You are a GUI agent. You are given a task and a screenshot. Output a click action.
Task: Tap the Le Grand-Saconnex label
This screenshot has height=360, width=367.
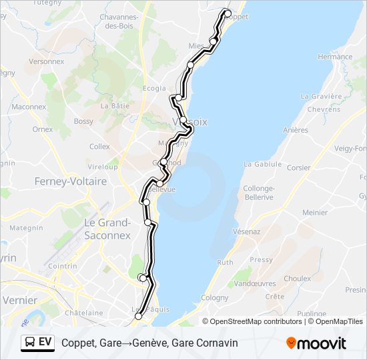(106, 228)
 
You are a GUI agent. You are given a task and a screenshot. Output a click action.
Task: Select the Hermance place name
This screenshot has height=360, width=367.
(335, 57)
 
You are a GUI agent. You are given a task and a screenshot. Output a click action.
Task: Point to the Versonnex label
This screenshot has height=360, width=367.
(46, 61)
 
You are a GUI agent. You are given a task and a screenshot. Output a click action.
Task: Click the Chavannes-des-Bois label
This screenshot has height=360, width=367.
(127, 21)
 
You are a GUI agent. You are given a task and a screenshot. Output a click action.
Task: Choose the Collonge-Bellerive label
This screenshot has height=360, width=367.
(259, 193)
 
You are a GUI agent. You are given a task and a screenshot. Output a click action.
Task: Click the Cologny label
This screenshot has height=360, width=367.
(214, 298)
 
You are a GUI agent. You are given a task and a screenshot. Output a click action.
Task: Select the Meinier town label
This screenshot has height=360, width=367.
(315, 213)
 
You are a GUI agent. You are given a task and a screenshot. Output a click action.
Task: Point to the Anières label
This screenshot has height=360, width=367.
(296, 130)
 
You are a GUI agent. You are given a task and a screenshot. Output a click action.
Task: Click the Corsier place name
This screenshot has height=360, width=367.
(298, 168)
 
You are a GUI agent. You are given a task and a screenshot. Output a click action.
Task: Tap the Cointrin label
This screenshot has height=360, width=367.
(63, 265)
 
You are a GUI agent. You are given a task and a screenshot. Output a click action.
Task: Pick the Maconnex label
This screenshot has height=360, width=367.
(29, 107)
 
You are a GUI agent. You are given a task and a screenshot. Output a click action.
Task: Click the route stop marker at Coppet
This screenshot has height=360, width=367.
(227, 13)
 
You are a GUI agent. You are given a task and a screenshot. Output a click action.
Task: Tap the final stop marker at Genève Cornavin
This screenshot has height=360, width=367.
(139, 317)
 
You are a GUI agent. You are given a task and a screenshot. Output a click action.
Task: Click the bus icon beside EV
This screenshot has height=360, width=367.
(30, 343)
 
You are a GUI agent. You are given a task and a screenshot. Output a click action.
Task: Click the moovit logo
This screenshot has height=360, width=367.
(316, 343)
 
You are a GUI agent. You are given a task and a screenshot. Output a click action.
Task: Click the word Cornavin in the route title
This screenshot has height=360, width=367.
(216, 343)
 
